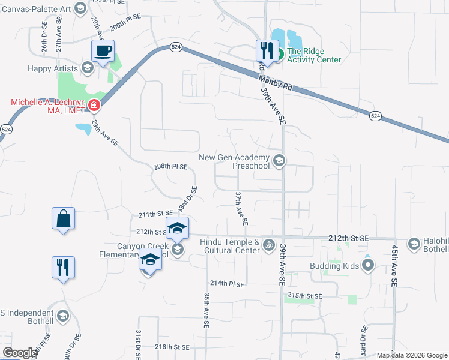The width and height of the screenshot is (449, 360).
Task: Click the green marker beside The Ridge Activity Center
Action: pyautogui.click(x=279, y=55)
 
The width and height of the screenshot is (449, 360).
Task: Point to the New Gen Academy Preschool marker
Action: pyautogui.click(x=279, y=160)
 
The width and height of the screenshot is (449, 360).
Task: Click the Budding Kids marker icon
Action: pyautogui.click(x=368, y=265)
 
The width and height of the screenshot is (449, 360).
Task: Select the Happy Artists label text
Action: pyautogui.click(x=53, y=68)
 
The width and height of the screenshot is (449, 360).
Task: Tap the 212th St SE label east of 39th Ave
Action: pyautogui.click(x=349, y=239)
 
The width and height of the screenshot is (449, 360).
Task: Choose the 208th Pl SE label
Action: pyautogui.click(x=171, y=166)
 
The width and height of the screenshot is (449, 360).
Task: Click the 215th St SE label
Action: pyautogui.click(x=305, y=296)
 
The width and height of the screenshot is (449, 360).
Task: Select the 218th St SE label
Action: pyautogui.click(x=172, y=347)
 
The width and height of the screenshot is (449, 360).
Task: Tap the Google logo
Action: pyautogui.click(x=20, y=353)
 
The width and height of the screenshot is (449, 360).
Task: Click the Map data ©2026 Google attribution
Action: pyautogui.click(x=412, y=355)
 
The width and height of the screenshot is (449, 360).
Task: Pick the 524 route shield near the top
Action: pyautogui.click(x=176, y=47)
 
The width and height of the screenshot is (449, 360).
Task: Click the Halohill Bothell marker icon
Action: pyautogui.click(x=414, y=244)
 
